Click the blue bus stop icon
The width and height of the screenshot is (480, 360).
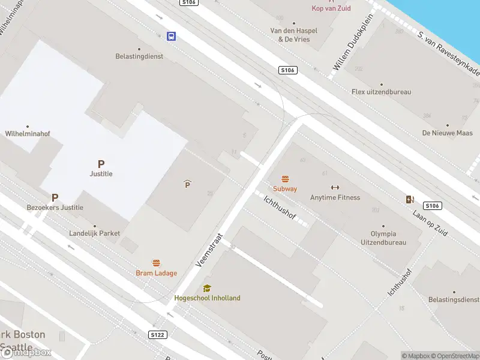[x=171, y=36]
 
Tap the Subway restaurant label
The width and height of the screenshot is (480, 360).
[x=285, y=188]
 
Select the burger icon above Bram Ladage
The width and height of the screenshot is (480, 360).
[x=156, y=263]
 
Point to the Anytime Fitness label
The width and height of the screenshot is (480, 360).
[x=335, y=197]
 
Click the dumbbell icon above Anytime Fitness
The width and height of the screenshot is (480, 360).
[x=335, y=187]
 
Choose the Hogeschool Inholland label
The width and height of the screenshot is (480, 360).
[x=207, y=298]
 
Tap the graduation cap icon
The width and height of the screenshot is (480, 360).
[x=207, y=288]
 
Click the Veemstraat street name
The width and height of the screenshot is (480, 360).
[x=209, y=250]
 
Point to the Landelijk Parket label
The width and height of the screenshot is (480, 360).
[x=95, y=233]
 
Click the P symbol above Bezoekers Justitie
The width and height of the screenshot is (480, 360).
[x=55, y=197]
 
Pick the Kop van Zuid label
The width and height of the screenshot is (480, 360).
[x=331, y=8]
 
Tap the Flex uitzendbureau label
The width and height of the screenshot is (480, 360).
[x=381, y=92]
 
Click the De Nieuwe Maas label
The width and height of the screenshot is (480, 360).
[x=447, y=133]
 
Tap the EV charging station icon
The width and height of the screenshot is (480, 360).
[x=410, y=199]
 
